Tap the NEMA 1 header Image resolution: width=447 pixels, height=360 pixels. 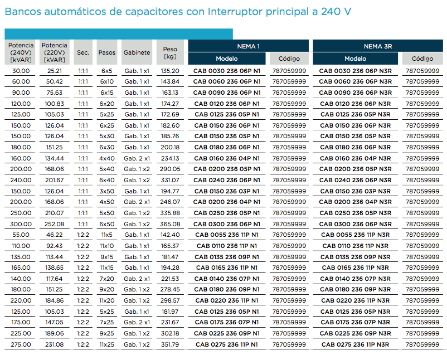(x=248, y=46)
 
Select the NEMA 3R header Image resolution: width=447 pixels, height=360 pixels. (x=378, y=46)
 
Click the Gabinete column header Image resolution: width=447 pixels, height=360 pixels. (x=137, y=52)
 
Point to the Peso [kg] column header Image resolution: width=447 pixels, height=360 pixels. (x=170, y=52)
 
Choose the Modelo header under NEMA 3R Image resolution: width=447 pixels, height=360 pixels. (x=355, y=59)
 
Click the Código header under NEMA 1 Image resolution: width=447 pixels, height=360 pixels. (x=289, y=59)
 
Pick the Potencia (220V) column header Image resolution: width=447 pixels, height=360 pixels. (x=55, y=52)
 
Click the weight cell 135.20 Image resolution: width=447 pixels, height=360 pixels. (x=170, y=71)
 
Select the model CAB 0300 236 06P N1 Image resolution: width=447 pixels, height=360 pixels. (x=227, y=225)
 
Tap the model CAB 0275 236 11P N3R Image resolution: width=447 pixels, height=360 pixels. (x=355, y=344)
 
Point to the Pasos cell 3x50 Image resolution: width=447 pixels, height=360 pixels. (x=107, y=191)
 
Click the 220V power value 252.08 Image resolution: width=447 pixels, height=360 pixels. (x=55, y=225)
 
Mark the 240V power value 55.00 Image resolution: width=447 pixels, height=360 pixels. (x=21, y=235)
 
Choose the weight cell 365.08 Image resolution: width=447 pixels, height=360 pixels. (x=170, y=225)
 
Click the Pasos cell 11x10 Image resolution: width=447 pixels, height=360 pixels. (x=107, y=246)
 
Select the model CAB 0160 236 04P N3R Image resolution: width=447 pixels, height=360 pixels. (x=355, y=158)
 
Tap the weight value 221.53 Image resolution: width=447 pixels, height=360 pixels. (x=170, y=279)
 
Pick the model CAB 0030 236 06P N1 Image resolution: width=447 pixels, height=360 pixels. (x=227, y=71)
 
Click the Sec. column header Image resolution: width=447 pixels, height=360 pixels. (x=83, y=52)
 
